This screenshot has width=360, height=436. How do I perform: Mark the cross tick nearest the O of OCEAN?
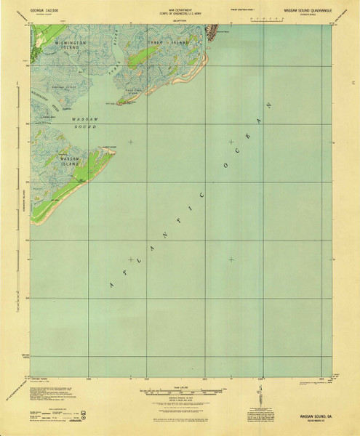(231, 142)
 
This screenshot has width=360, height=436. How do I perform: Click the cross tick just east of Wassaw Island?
(130, 142)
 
